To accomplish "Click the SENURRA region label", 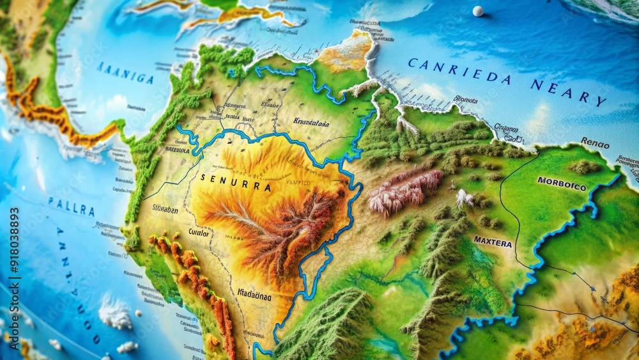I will click(x=236, y=180).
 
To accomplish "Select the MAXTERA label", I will click(x=493, y=242).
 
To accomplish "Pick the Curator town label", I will click(x=199, y=233).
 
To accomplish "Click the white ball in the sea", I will click(x=478, y=11).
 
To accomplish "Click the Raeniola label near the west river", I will click(x=177, y=150).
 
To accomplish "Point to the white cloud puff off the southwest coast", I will click(x=116, y=313).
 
